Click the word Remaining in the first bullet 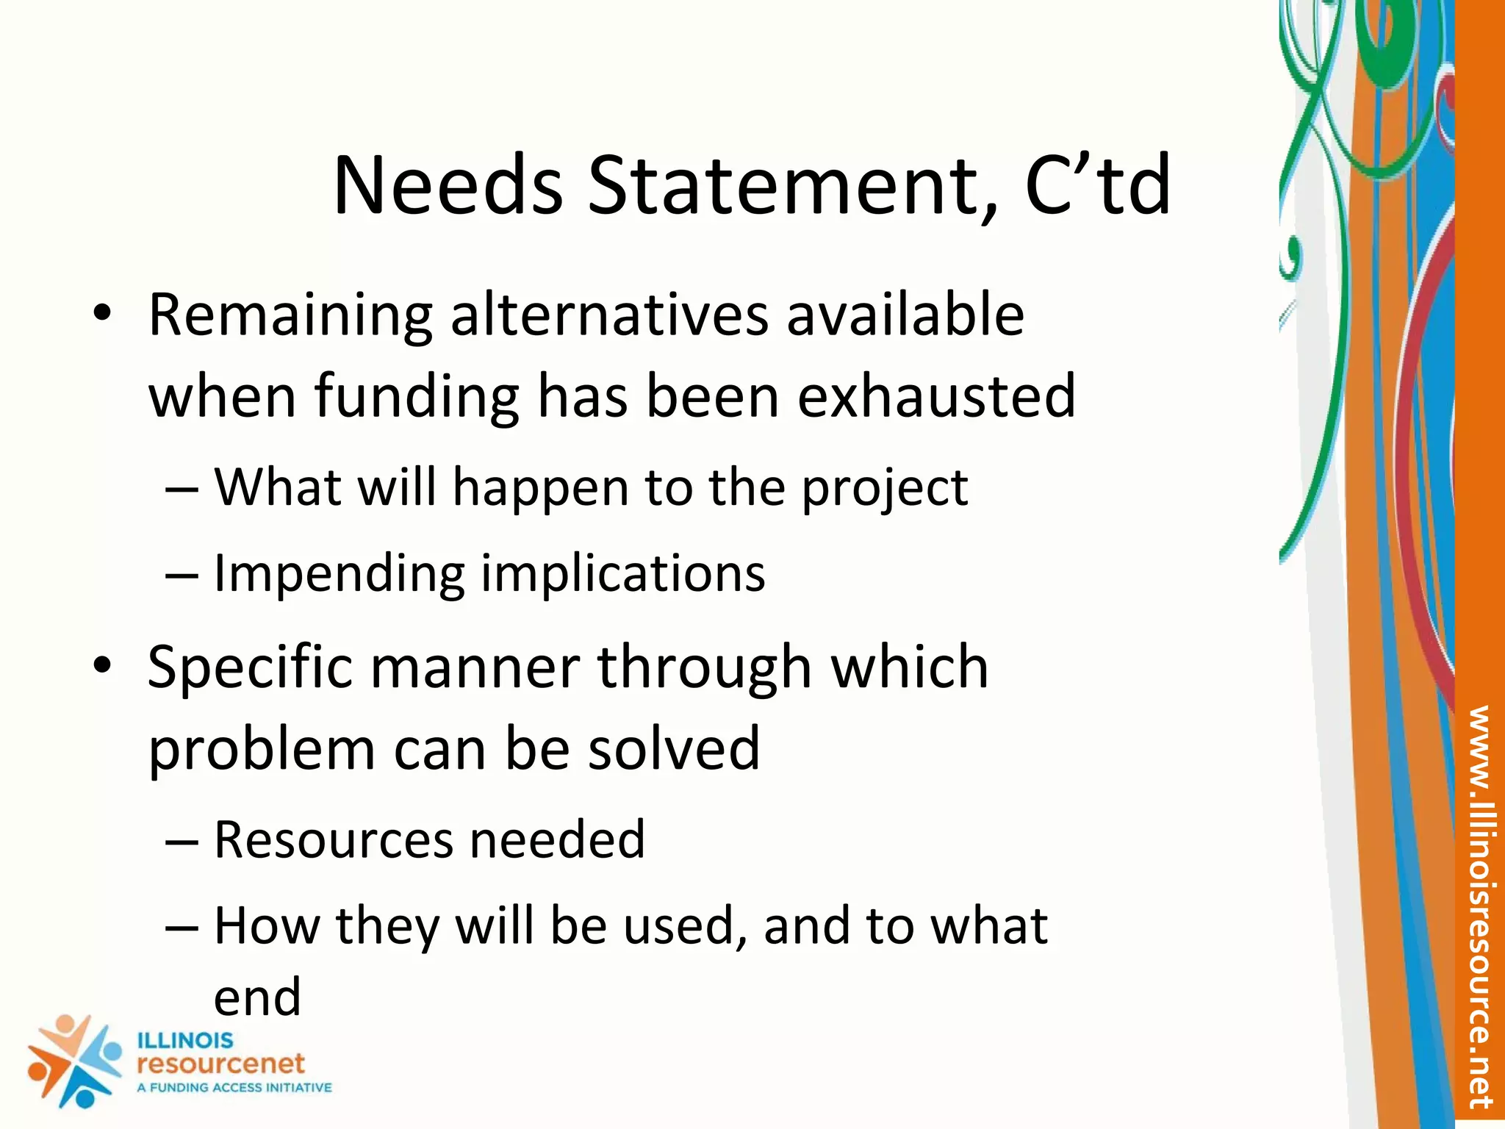tap(290, 316)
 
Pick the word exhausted tap(936, 396)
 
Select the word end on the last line tap(257, 997)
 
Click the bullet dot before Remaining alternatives tap(102, 314)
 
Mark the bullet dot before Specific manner tap(102, 666)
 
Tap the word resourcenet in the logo tap(220, 1064)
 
